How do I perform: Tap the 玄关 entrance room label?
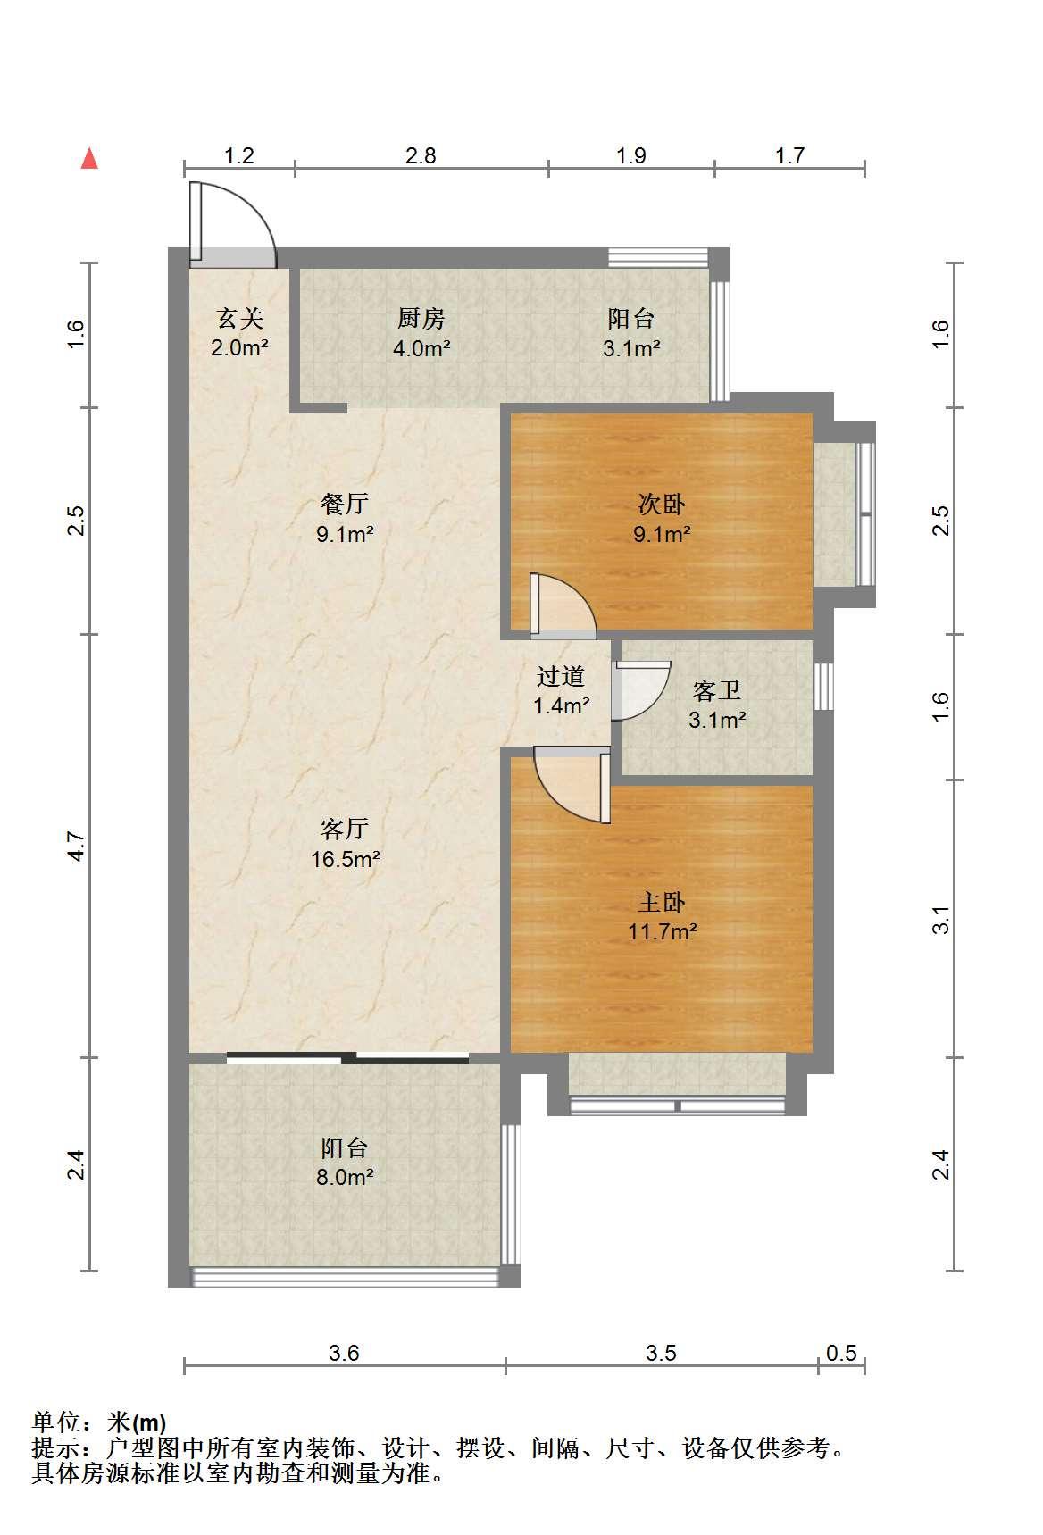click(x=240, y=318)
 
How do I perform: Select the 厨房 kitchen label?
click(x=421, y=318)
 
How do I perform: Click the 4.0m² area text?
click(x=421, y=348)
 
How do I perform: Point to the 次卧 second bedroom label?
click(x=662, y=505)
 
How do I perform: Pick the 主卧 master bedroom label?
click(x=662, y=902)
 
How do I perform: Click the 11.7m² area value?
click(x=662, y=932)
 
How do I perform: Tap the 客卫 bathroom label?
click(x=717, y=689)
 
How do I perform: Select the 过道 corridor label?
click(x=561, y=676)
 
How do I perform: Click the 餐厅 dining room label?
click(x=345, y=504)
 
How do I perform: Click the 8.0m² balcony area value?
click(x=345, y=1177)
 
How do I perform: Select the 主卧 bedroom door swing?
click(x=572, y=785)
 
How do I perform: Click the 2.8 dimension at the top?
click(x=421, y=156)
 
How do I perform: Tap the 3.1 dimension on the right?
click(x=941, y=920)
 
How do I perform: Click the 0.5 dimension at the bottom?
click(x=841, y=1354)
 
